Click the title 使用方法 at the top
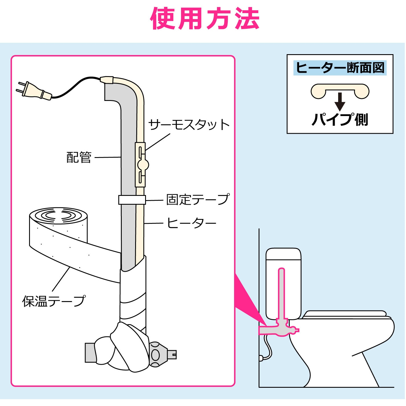coord(205,19)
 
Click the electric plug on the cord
coord(34,90)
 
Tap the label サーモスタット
coord(189,125)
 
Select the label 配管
coord(79,157)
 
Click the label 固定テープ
coord(198,200)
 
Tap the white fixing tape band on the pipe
coord(132,200)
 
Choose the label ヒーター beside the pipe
coord(191,223)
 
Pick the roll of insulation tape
coord(58,225)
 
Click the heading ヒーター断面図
coord(340,68)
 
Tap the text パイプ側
coord(340,119)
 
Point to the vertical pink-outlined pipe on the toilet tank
coord(281,294)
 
